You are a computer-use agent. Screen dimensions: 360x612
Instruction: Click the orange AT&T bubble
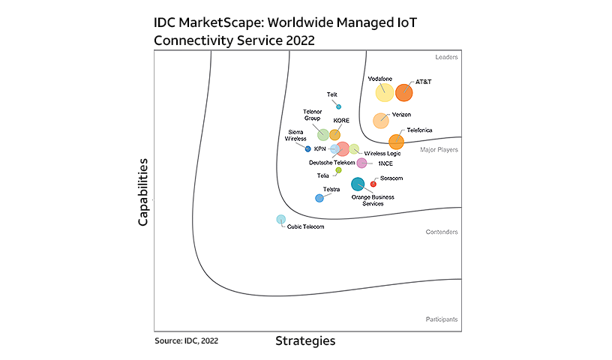tap(404, 92)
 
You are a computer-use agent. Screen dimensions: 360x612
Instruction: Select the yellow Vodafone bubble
tap(385, 92)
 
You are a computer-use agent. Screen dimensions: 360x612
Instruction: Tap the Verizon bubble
tap(381, 120)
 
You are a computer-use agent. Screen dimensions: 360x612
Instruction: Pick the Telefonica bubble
tap(396, 141)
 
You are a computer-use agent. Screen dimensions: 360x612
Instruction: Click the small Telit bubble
tap(339, 106)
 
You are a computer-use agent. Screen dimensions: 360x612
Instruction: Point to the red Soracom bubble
tap(373, 184)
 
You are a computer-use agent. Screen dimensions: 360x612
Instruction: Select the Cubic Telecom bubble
tap(281, 220)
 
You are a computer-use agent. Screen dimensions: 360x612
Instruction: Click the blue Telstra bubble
tap(319, 198)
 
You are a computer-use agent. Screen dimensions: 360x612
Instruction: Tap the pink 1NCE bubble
tap(361, 163)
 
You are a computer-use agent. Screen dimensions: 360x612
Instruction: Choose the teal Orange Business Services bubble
tap(358, 183)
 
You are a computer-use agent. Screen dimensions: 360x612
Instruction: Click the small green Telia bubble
tap(338, 170)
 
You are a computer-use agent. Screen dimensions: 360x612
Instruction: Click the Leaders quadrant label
tap(446, 57)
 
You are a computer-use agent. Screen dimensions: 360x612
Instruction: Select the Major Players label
tap(439, 150)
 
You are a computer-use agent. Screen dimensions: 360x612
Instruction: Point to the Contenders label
tap(442, 232)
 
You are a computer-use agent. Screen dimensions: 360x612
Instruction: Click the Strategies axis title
tap(305, 341)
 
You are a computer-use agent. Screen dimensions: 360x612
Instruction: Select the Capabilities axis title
tap(142, 192)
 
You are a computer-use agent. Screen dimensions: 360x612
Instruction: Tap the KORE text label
tap(341, 121)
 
